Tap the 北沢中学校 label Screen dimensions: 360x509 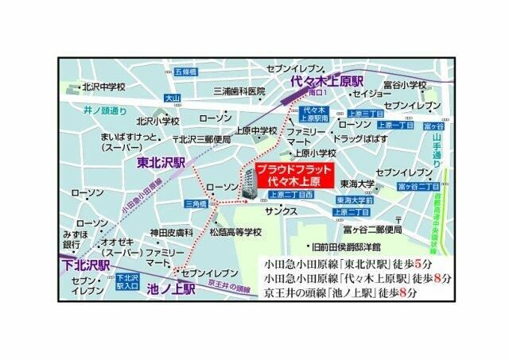tap(99, 88)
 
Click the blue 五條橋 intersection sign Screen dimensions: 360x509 tap(185, 72)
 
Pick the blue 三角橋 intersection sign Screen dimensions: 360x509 tap(195, 203)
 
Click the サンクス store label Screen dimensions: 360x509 tap(282, 211)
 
